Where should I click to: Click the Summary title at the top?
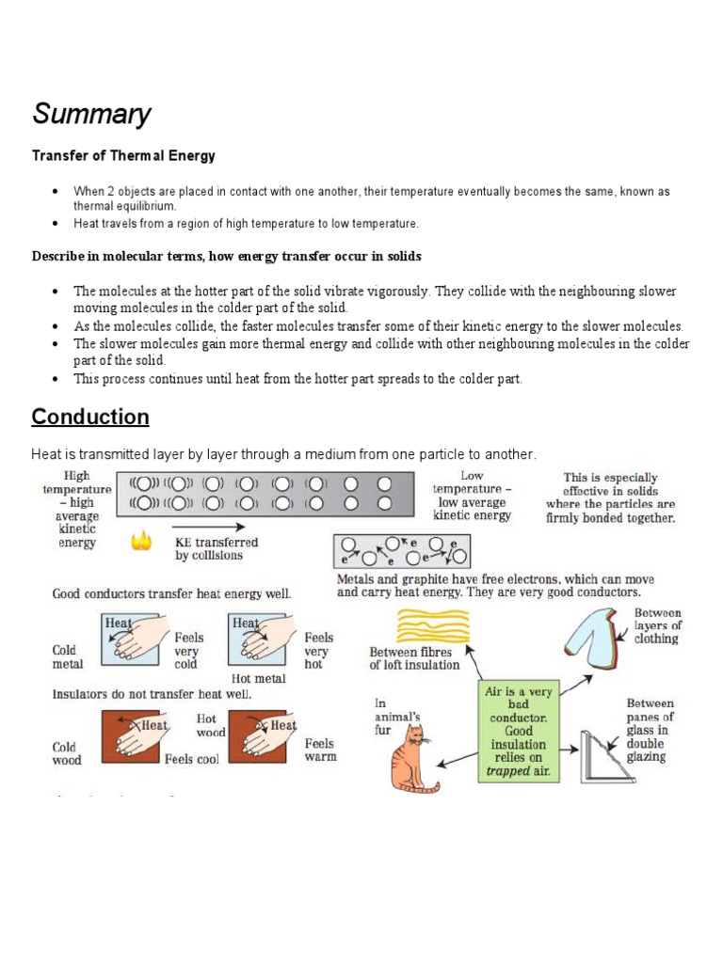[91, 115]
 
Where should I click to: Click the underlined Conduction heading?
[89, 417]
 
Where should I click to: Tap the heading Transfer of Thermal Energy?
[123, 156]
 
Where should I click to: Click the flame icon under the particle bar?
[141, 544]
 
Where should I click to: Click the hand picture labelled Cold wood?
[136, 736]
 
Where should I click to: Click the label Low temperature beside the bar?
[473, 496]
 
